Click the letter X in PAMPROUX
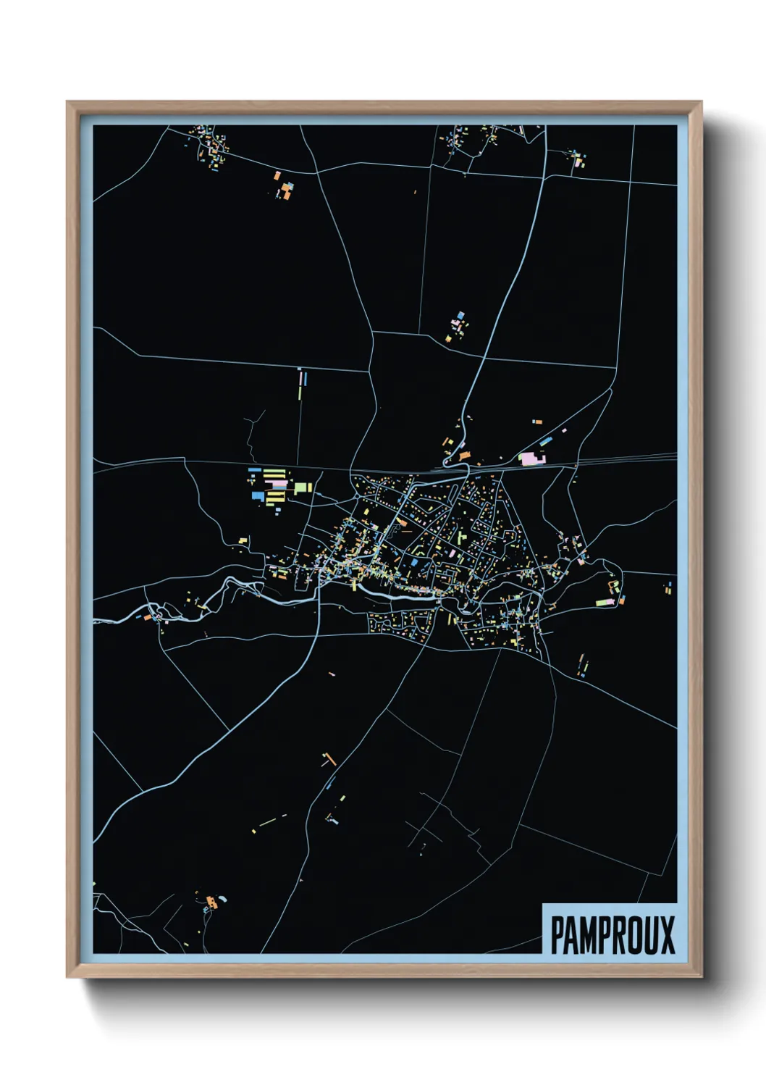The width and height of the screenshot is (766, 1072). (x=667, y=935)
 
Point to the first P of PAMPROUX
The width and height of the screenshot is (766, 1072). (x=558, y=935)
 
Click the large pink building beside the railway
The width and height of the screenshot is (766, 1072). (x=531, y=458)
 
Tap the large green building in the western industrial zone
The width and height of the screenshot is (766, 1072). (x=302, y=487)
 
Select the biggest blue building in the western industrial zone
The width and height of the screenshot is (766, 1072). (x=257, y=496)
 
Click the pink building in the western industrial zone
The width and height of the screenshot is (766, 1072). (x=277, y=484)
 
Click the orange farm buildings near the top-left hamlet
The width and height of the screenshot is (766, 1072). (x=285, y=190)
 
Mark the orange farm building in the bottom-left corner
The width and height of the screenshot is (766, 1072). (x=211, y=903)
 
